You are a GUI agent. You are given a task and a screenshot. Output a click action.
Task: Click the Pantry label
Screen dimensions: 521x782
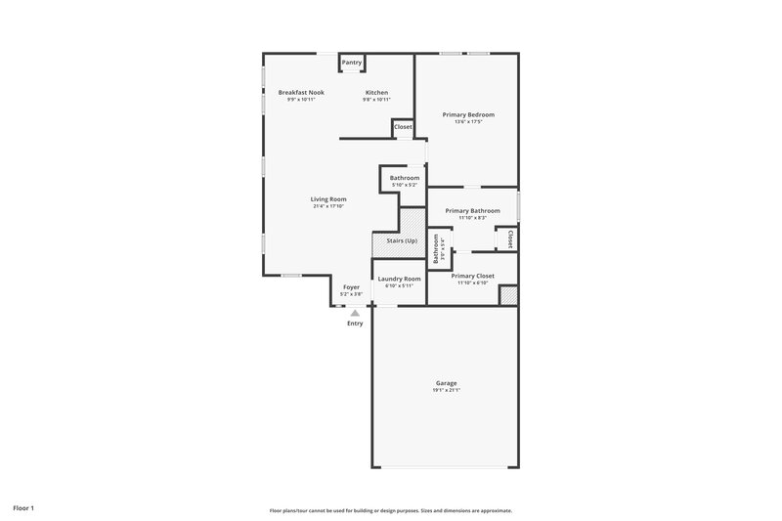[352, 63]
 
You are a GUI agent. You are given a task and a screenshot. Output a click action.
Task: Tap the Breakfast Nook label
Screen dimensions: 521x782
[301, 92]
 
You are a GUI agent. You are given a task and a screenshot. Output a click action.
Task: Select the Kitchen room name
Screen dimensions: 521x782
[376, 92]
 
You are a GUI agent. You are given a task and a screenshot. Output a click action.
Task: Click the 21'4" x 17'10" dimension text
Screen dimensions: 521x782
[329, 206]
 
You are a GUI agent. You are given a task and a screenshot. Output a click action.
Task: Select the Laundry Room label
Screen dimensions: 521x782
[399, 279]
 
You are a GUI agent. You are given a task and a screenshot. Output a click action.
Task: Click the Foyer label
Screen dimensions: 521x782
[351, 287]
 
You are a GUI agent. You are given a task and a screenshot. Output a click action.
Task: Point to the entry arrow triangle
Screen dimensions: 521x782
[355, 313]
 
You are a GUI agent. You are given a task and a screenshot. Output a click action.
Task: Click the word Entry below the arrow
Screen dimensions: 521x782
[355, 324]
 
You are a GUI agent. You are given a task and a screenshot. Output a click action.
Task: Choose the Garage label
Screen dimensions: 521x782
[446, 382]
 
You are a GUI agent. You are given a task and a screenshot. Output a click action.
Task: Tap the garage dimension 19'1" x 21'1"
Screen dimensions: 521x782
[446, 390]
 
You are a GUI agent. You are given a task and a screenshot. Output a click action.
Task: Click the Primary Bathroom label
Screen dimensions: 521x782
[472, 210]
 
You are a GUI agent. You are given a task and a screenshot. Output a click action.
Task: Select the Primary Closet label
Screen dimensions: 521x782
[472, 276]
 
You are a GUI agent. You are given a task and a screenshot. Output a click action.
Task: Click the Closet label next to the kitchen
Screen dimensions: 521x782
[403, 127]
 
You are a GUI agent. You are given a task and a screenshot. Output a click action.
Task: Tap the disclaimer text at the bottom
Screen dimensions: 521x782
[391, 510]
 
